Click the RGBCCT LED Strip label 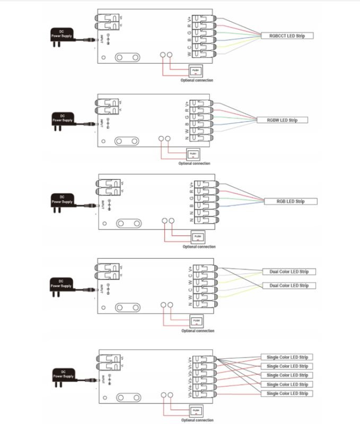(287, 36)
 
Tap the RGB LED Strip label (290, 201)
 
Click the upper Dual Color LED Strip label (289, 272)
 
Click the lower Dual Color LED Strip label (289, 286)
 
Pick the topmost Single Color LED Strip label (287, 357)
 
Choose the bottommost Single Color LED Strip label (287, 393)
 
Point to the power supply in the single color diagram (62, 377)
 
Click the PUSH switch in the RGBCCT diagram (195, 71)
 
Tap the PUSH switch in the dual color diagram (196, 321)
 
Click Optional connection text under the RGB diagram (199, 246)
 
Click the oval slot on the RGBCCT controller (127, 57)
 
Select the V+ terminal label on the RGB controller (191, 185)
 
